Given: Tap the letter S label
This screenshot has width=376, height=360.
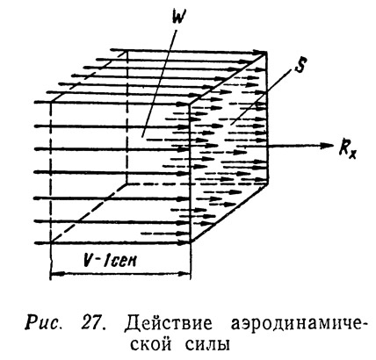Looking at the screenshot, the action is click(x=299, y=67).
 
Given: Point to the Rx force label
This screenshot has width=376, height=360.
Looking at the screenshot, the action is click(x=348, y=149).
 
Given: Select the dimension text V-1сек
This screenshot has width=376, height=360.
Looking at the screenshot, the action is click(x=110, y=260).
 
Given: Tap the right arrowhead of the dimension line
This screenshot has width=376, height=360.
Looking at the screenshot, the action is click(x=185, y=274).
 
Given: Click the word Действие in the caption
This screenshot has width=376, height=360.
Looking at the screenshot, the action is click(x=169, y=324).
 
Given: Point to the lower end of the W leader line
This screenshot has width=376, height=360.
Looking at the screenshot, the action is click(x=142, y=137).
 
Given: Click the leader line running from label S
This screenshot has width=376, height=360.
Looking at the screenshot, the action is click(x=260, y=97).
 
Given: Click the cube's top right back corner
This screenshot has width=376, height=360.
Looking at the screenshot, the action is click(x=267, y=53).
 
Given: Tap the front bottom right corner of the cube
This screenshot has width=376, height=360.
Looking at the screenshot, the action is click(x=191, y=242).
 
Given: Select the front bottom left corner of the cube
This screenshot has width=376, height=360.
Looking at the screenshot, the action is click(x=52, y=242).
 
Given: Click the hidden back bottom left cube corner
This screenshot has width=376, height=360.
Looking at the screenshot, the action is click(x=127, y=184).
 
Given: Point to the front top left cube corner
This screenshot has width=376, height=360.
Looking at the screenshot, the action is click(x=52, y=102).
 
